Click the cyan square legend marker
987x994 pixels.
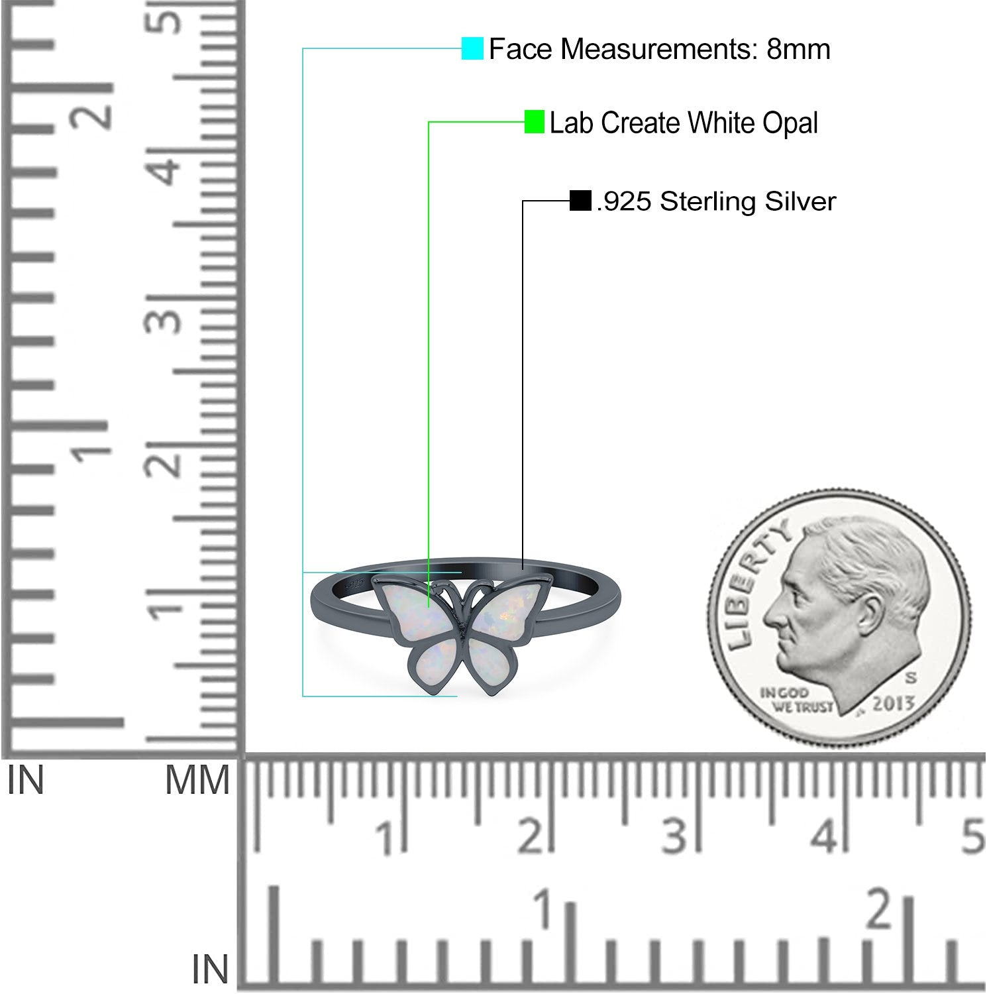point(472,49)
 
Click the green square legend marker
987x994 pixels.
point(534,122)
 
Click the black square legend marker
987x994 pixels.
point(580,201)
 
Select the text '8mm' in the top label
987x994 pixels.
point(798,49)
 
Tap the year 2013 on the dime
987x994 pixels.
point(893,704)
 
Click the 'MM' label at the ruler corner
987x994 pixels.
point(197,781)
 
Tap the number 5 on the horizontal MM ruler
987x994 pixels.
point(973,836)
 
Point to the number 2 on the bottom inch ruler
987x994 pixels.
point(880,909)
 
